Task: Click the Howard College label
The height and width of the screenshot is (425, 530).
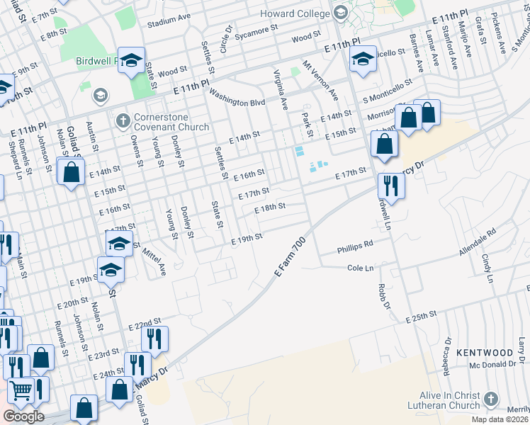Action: [x=296, y=13]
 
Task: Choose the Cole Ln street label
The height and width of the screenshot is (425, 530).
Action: [x=360, y=268]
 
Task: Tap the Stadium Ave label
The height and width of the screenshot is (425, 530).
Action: [x=169, y=23]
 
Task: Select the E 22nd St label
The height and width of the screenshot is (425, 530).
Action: [x=145, y=324]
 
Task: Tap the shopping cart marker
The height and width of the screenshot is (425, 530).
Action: [x=21, y=390]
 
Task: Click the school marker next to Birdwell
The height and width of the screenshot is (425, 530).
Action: [x=131, y=61]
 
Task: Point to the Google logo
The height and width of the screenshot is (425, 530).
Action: [x=23, y=416]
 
